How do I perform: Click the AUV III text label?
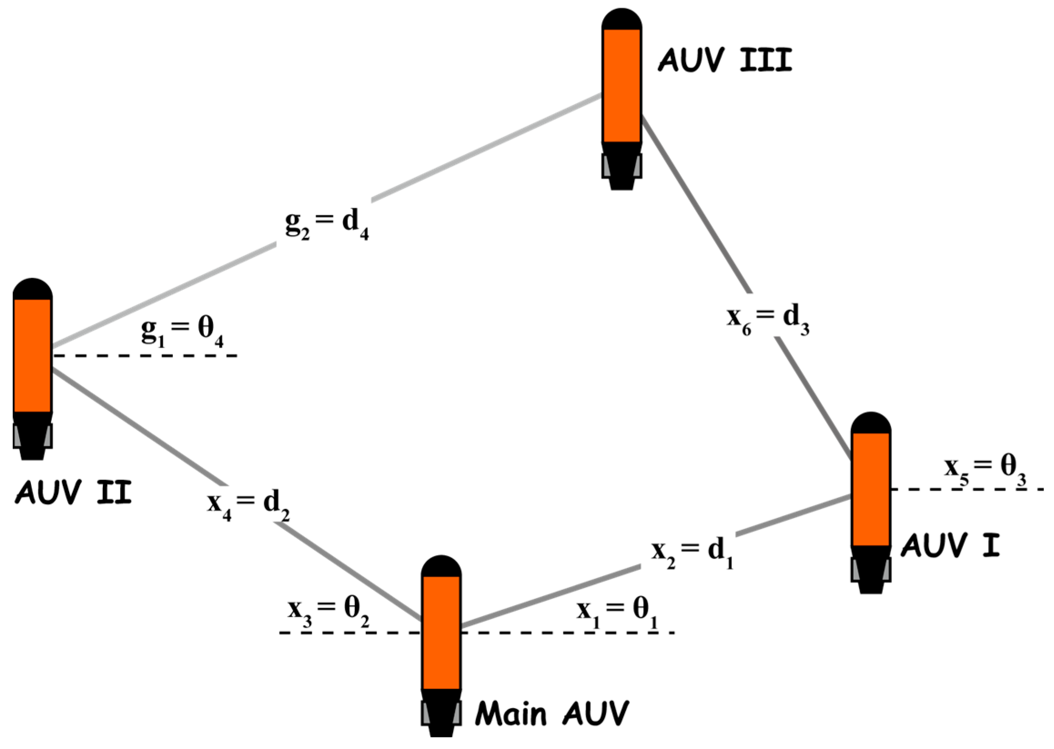point(725,60)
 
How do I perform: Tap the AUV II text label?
point(74,493)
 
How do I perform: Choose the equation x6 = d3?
point(768,320)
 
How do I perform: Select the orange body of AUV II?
point(32,355)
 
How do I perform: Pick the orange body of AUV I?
point(871,489)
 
